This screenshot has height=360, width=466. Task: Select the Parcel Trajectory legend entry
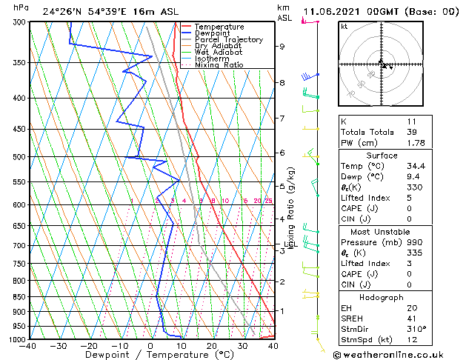pyautogui.click(x=228, y=40)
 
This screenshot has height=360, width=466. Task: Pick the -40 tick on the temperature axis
pyautogui.click(x=28, y=347)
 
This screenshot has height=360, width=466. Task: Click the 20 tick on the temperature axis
pyautogui.click(x=212, y=347)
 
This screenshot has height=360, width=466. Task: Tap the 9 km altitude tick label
pyautogui.click(x=282, y=47)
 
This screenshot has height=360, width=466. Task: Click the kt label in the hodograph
pyautogui.click(x=344, y=27)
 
